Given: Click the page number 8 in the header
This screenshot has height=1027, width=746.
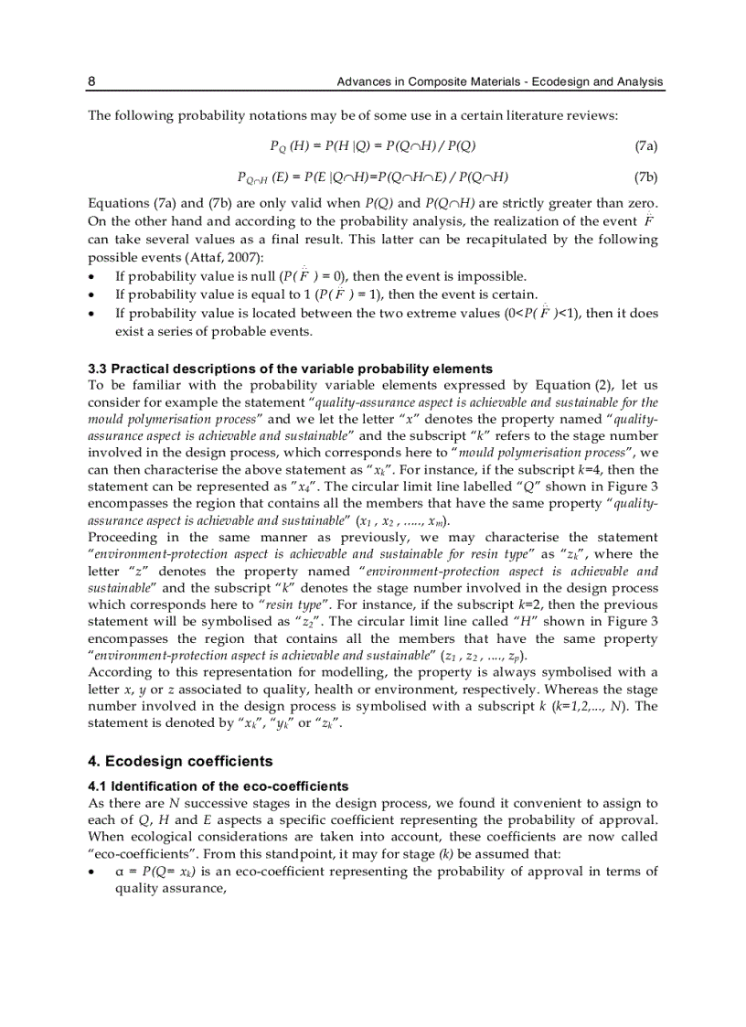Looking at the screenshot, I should (91, 82).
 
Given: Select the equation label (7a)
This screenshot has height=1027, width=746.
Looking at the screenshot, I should (645, 145).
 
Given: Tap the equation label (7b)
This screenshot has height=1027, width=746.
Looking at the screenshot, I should (645, 177).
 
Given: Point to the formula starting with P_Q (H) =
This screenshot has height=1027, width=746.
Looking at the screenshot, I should (373, 145).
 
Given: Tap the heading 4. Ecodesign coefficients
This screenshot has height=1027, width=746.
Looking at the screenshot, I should (180, 761).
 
